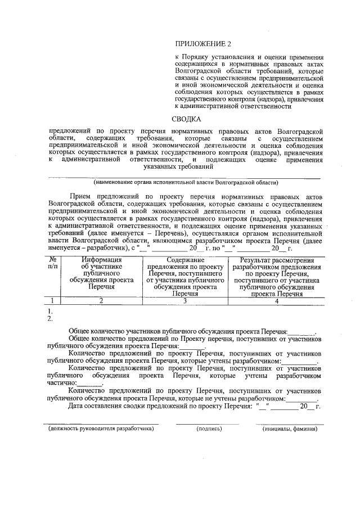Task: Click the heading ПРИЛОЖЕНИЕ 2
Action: pyautogui.click(x=203, y=44)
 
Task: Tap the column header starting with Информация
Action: pyautogui.click(x=101, y=272)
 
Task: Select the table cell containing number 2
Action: pyautogui.click(x=101, y=301)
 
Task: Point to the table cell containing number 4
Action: pyautogui.click(x=277, y=301)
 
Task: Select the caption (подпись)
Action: pyautogui.click(x=209, y=429)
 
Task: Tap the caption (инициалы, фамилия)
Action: pyautogui.click(x=290, y=429)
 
